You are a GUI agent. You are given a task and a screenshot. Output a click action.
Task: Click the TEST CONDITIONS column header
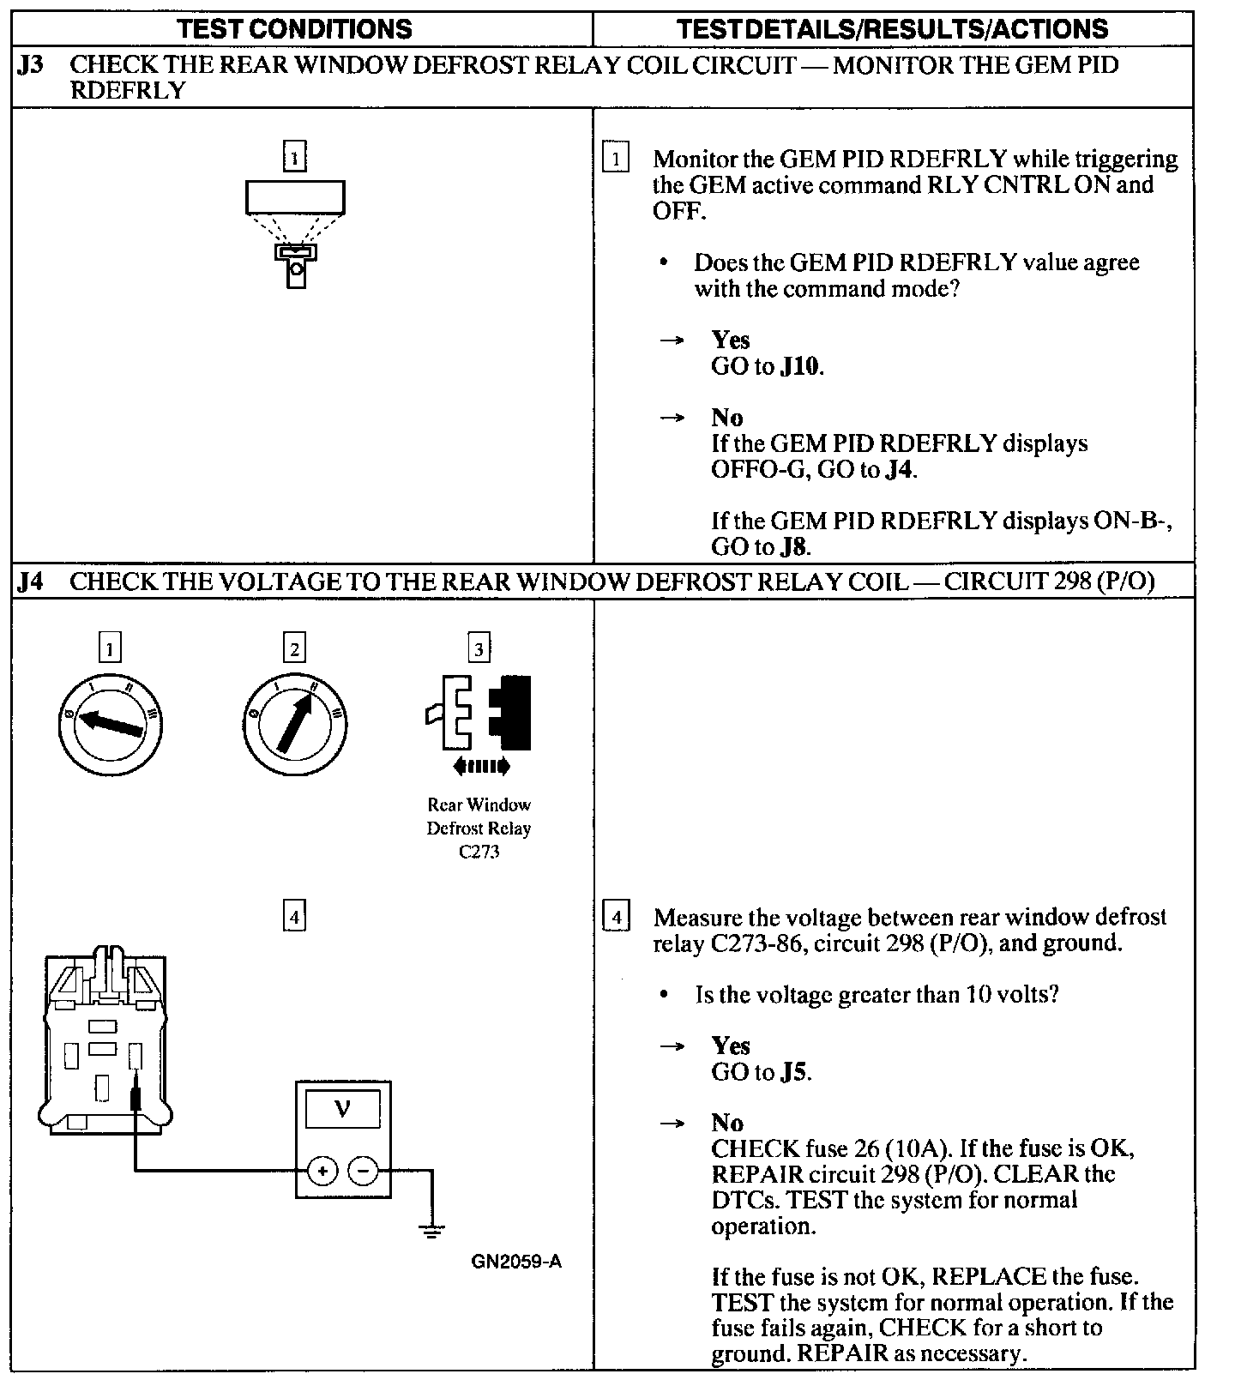point(294,29)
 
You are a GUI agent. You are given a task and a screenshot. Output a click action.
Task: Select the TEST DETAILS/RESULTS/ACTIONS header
point(892,29)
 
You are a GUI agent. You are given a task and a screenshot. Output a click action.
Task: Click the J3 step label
point(30,65)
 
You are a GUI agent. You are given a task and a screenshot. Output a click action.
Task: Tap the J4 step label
point(30,582)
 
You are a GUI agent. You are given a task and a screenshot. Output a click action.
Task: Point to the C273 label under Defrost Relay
point(479,852)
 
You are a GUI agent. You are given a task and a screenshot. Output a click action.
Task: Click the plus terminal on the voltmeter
point(322,1171)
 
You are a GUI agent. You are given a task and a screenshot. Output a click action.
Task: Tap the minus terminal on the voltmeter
point(364,1171)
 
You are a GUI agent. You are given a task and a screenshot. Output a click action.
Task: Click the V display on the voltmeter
point(342,1110)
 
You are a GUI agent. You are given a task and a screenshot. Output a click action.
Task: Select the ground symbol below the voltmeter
point(431,1232)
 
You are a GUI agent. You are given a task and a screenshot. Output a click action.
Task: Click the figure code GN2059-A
point(516,1262)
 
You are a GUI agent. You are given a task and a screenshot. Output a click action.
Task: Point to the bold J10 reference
point(801,367)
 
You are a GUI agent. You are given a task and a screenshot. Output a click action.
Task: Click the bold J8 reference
point(795,547)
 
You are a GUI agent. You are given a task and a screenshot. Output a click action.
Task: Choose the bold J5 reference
point(795,1072)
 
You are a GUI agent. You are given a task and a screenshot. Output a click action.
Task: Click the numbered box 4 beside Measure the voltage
point(616,917)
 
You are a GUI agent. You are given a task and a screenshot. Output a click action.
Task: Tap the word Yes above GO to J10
point(730,340)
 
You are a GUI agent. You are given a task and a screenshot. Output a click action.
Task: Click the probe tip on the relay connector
point(136,1097)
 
